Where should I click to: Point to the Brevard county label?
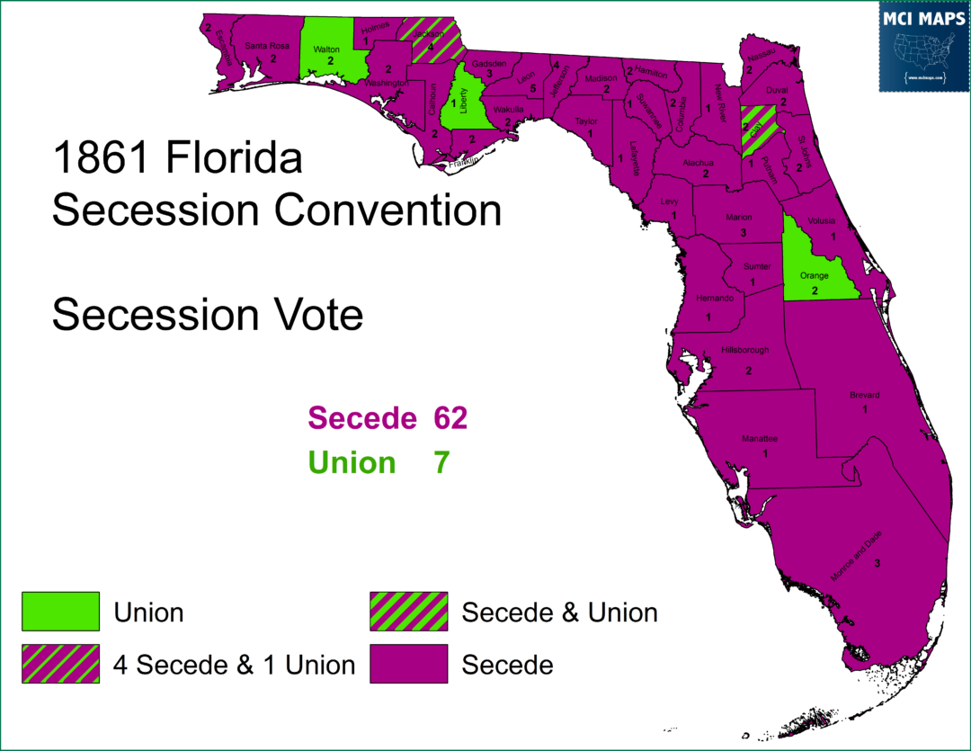coord(864,395)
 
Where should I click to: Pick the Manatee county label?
coord(760,438)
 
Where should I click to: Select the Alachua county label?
coord(698,163)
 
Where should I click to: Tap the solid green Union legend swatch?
coord(60,612)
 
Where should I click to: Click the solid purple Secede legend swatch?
coord(408,665)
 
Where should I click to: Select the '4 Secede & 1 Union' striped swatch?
coord(60,665)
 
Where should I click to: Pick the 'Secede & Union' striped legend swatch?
coord(408,612)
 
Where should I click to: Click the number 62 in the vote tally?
coord(450,418)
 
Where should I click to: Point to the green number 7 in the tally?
coord(441,462)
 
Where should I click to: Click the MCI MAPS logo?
coord(922,47)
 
